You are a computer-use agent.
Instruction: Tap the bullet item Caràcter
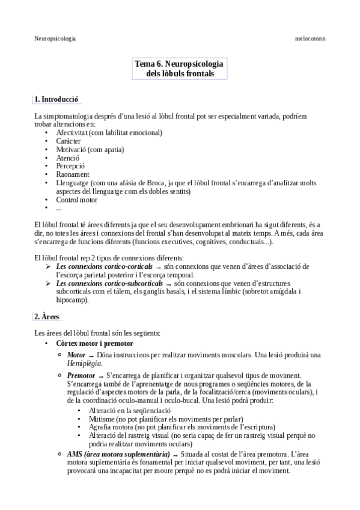pos(69,141)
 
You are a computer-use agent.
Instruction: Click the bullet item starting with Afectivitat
pos(109,132)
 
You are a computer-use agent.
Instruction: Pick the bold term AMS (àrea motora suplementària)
pos(114,454)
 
